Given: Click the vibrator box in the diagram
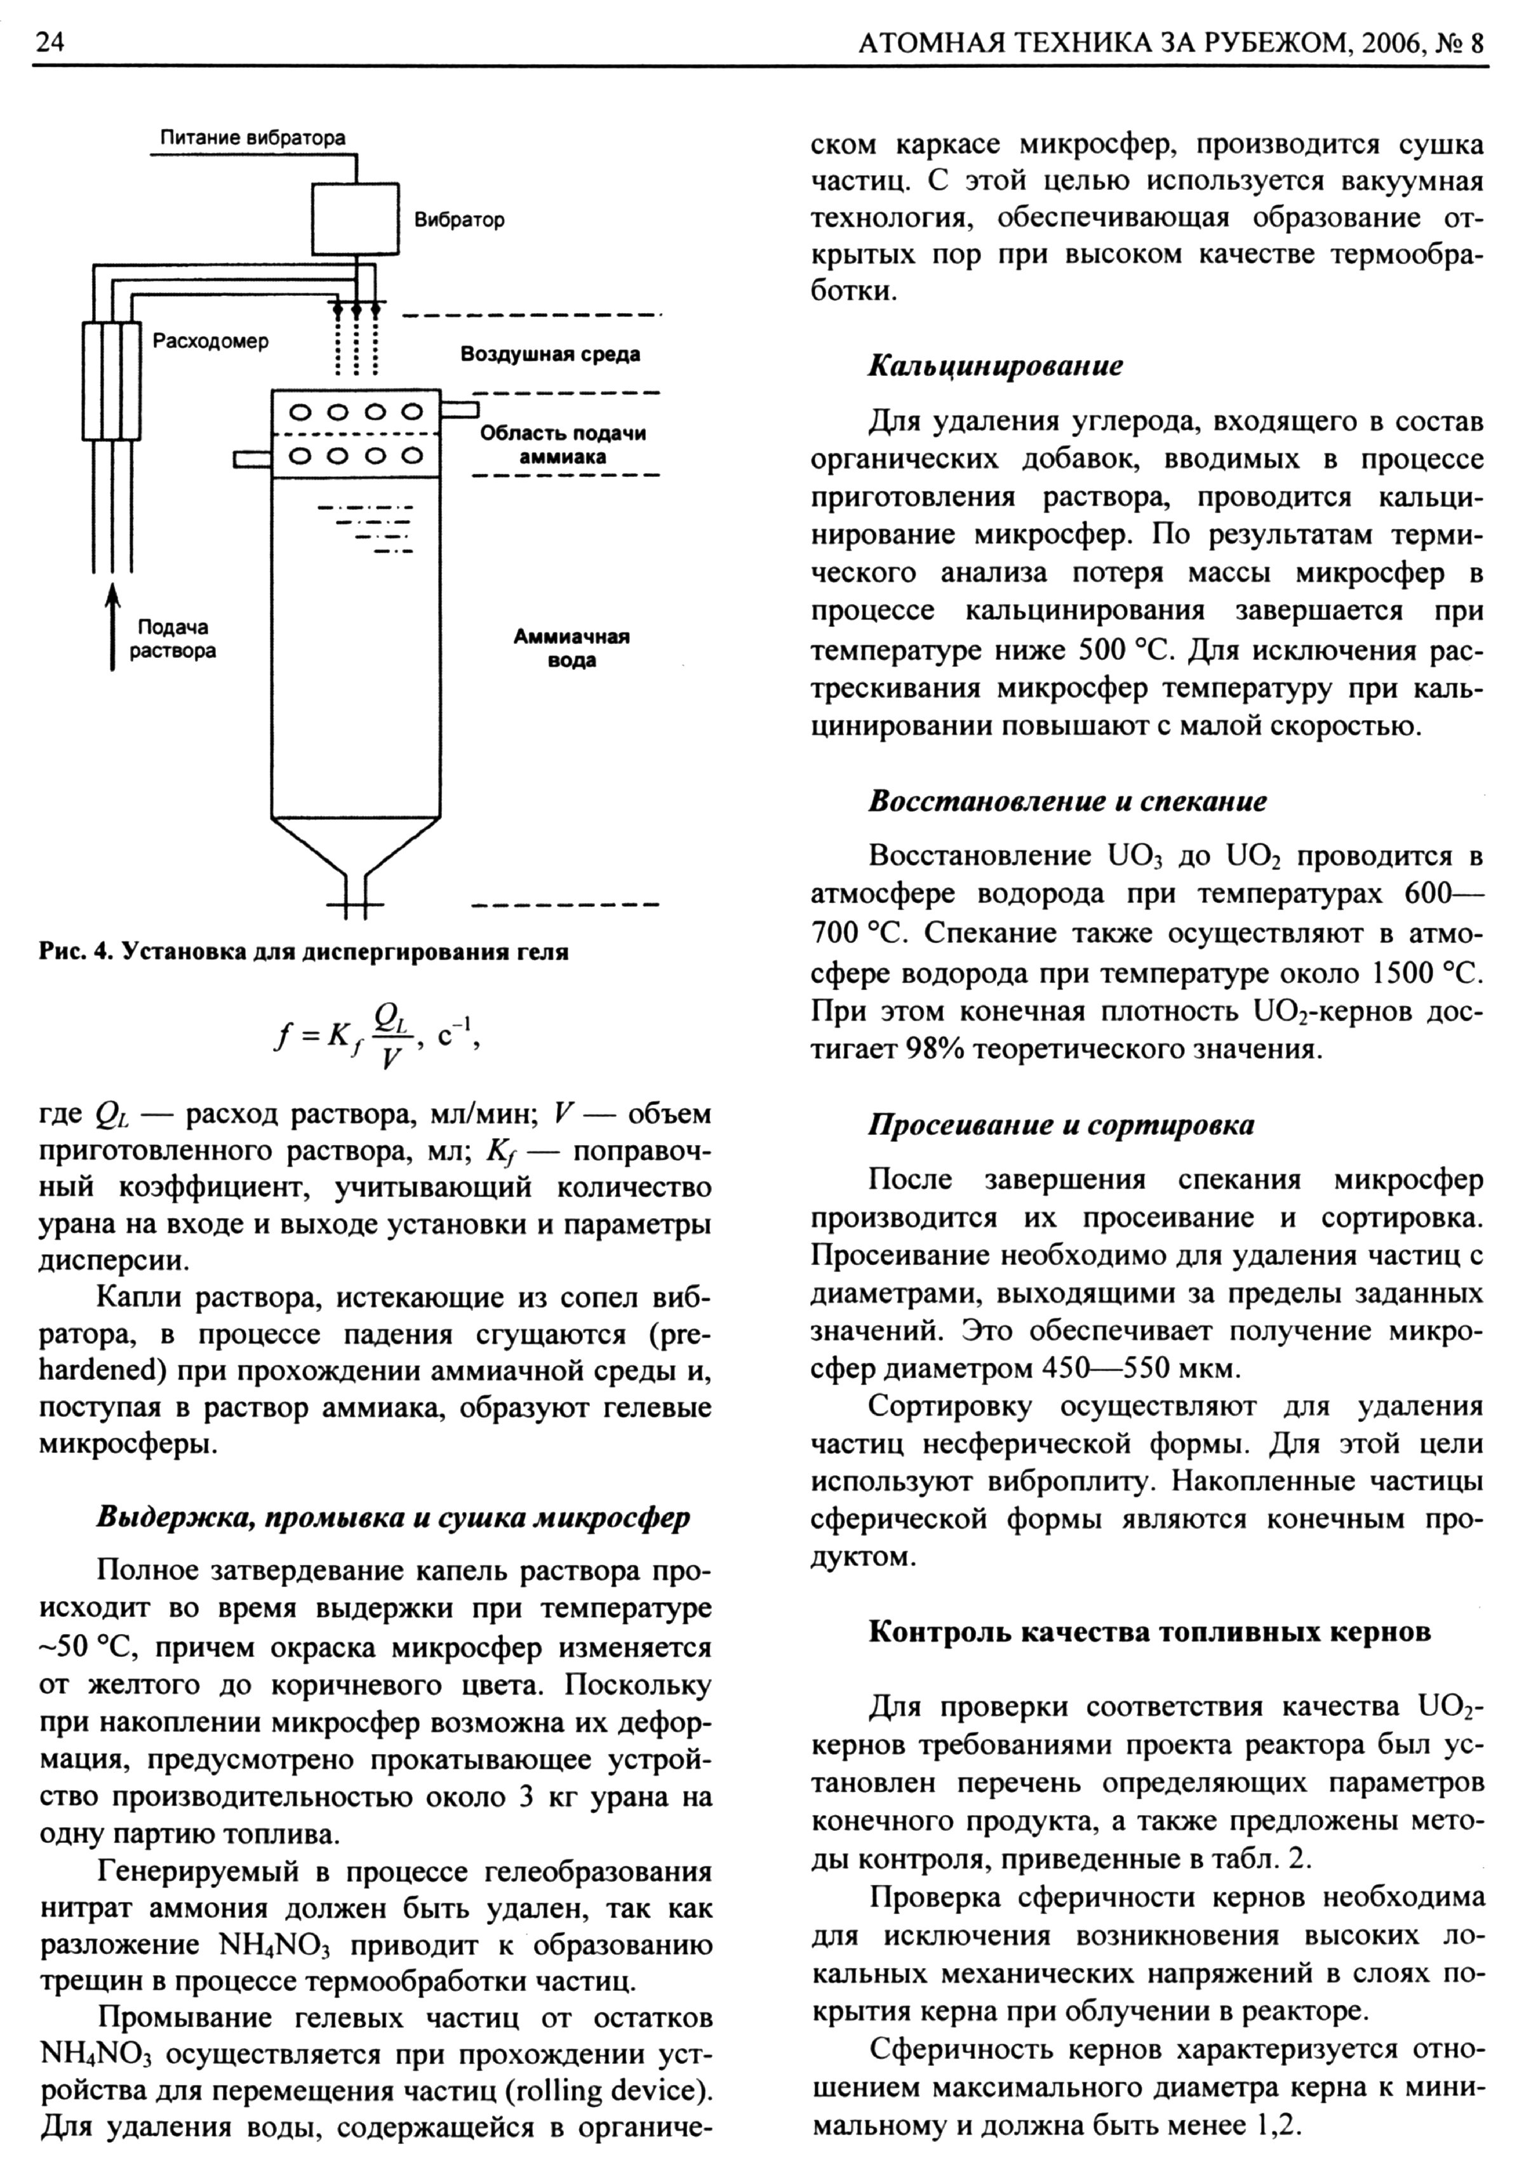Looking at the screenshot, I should click(x=355, y=218).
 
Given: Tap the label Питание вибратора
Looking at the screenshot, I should click(x=252, y=138).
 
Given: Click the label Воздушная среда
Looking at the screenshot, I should click(x=550, y=354).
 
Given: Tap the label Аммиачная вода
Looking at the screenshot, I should click(x=571, y=648).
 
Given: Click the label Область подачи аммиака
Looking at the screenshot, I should click(x=562, y=444).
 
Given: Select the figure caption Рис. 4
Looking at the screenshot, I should click(x=304, y=951).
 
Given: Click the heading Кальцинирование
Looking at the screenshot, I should click(x=995, y=366).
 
